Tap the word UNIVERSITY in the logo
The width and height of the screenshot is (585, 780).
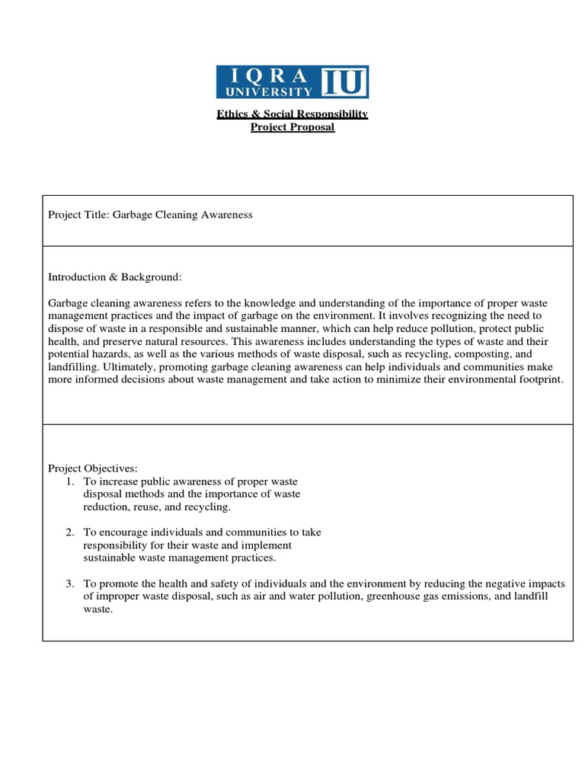[x=264, y=91]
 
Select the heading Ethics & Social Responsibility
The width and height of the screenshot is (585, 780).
[x=292, y=113]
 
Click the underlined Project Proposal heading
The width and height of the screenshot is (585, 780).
[x=292, y=126]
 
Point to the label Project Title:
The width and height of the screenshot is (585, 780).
[x=78, y=215]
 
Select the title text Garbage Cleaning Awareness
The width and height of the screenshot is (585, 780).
[x=182, y=215]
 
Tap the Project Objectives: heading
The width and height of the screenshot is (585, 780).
[x=94, y=468]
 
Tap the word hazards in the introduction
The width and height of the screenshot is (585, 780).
[x=113, y=354]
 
